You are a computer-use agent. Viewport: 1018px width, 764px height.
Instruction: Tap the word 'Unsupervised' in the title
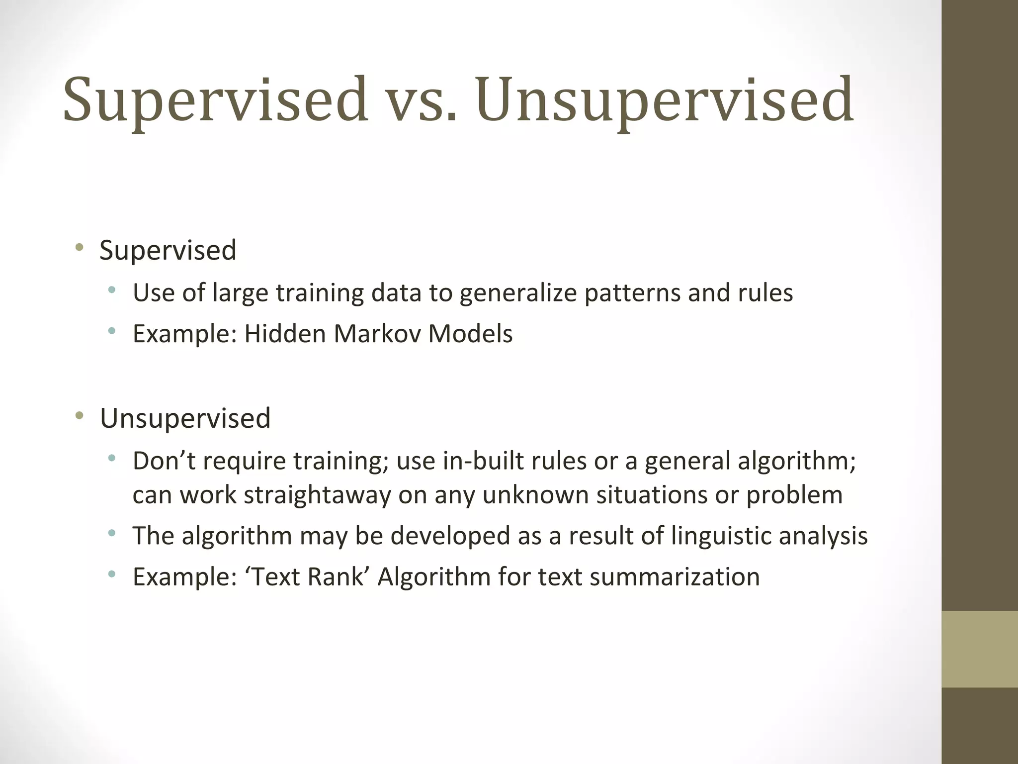(665, 99)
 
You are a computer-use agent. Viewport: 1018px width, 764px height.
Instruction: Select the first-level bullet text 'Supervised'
(168, 250)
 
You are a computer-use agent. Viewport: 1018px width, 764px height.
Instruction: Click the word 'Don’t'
(164, 461)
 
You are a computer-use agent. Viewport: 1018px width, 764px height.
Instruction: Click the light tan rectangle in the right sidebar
(979, 649)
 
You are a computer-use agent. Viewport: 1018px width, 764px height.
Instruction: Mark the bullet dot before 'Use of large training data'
(112, 290)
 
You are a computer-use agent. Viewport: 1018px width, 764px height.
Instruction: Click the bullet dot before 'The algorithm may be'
(112, 534)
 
